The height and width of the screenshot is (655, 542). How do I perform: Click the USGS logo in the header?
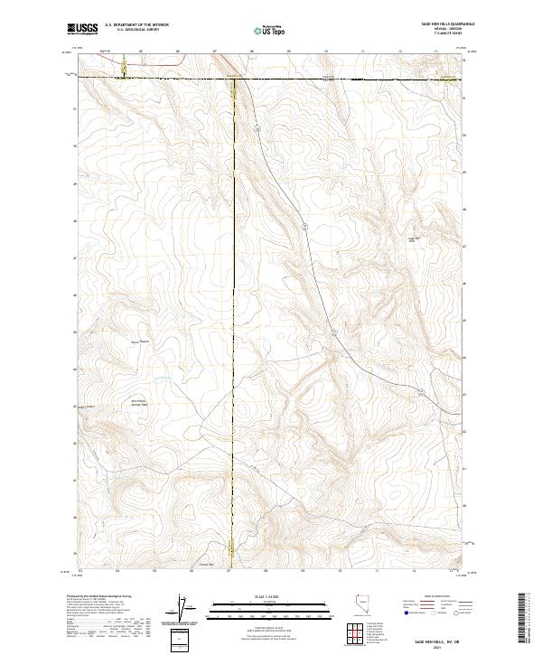82,29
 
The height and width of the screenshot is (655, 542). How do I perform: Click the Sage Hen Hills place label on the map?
416,239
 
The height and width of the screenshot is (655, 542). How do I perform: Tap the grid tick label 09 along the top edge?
288,51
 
